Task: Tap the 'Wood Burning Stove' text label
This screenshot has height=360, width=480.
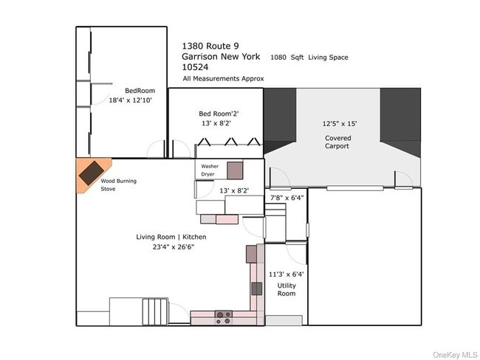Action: coord(119,184)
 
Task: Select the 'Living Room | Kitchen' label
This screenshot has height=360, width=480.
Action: coord(171,237)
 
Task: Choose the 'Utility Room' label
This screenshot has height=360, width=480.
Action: coord(287,289)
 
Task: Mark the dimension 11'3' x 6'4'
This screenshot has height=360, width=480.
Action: coord(287,274)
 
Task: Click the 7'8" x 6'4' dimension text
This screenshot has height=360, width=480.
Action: coord(287,198)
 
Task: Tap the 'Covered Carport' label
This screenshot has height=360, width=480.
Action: coord(337,142)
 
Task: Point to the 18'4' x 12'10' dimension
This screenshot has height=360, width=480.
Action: coord(131,100)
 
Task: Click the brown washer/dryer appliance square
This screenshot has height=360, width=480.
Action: coord(235,170)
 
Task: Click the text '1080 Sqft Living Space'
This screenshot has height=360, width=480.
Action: coord(309,57)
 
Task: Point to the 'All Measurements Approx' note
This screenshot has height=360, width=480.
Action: coord(223,78)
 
